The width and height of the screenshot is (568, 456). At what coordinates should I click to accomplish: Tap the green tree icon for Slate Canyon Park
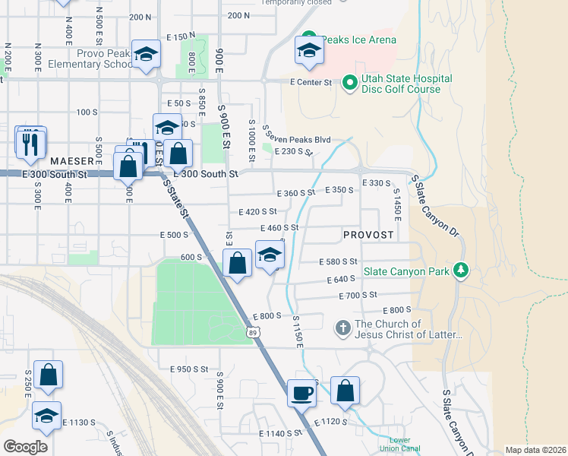pos(460,270)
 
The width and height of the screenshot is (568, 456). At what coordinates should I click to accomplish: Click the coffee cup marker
pos(302,392)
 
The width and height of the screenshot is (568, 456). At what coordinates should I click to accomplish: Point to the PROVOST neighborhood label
pos(368,235)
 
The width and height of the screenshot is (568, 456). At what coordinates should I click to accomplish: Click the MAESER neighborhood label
pos(71,162)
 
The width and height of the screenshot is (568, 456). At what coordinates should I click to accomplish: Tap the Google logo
pos(25,447)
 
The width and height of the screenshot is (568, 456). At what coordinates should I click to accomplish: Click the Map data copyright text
pos(535,450)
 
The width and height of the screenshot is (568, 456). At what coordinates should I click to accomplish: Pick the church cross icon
pos(342,329)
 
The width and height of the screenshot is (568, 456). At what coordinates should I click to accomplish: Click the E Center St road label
pos(311,82)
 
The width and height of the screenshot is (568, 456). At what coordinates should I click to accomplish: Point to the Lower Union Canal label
pos(399,445)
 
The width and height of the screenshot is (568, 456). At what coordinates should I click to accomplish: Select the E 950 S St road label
pos(188,369)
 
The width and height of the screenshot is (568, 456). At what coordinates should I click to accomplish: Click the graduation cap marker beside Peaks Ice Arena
pos(309,51)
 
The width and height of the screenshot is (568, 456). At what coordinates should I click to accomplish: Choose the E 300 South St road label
pos(206,174)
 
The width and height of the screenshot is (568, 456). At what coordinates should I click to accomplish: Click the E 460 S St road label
pos(279,227)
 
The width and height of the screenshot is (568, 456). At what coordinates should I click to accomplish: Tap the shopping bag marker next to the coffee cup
pos(345,391)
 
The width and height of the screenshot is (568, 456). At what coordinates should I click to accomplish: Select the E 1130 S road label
pos(79,422)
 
